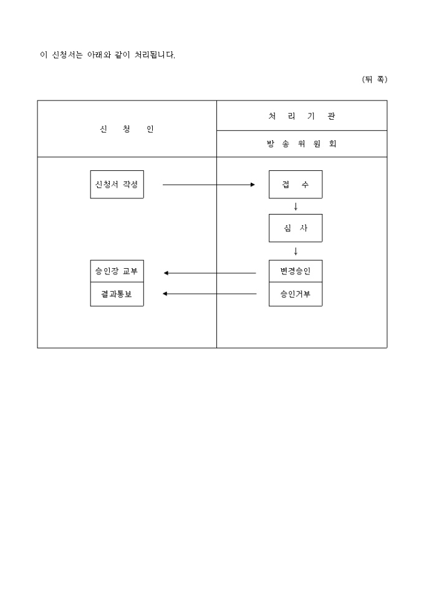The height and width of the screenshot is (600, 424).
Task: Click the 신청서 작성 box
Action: pos(117,185)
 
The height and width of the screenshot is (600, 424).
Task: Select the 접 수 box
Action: pos(296,185)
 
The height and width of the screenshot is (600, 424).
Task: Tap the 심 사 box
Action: pos(296,228)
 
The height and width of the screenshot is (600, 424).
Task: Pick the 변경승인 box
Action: pos(296,271)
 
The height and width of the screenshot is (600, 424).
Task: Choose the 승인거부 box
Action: pos(296,294)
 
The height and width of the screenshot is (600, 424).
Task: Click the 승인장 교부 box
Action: pos(117,271)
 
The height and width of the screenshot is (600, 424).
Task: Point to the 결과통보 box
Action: pos(117,294)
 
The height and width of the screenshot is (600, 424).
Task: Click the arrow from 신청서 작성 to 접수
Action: pos(208,185)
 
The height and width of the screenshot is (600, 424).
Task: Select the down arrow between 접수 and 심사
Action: pos(296,206)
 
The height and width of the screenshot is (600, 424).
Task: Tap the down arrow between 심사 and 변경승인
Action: pos(296,251)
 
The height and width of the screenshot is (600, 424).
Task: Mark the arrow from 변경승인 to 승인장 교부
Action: pos(210,273)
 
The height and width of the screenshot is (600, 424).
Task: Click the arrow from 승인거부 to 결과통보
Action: pos(210,294)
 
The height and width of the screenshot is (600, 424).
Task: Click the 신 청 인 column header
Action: pos(127,129)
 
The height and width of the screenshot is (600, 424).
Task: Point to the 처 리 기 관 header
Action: pos(302,116)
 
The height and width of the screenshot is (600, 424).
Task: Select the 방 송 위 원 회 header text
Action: pos(302,144)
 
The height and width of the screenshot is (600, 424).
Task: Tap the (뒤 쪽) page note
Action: pos(375,79)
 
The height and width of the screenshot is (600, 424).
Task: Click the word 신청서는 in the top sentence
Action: pos(67,55)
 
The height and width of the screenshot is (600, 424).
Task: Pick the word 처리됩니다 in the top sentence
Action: pos(155,55)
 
